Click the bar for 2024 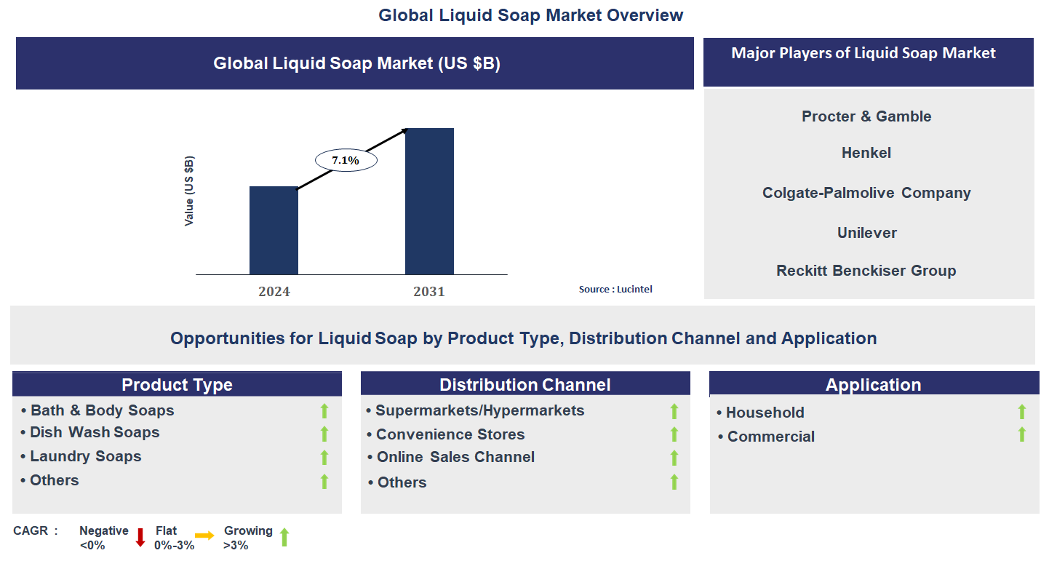click(274, 230)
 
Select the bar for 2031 click(429, 201)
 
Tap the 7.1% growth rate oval click(346, 160)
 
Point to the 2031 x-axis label click(429, 292)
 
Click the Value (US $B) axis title click(189, 191)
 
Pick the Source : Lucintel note click(615, 290)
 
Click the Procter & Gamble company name click(866, 116)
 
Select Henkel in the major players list click(866, 153)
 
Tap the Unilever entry click(866, 233)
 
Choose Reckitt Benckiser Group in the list click(866, 271)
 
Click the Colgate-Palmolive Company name click(866, 193)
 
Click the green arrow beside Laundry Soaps click(324, 458)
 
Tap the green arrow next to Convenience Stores click(674, 434)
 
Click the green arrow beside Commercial click(1022, 434)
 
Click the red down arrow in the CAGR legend click(140, 538)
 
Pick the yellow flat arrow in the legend click(204, 536)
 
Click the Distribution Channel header click(525, 385)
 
